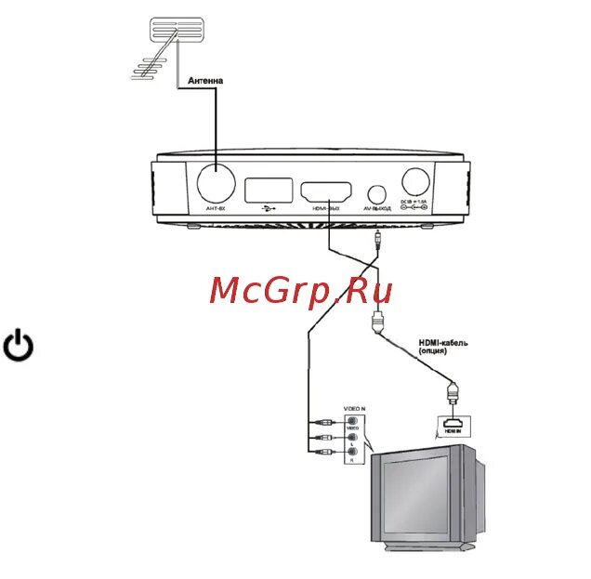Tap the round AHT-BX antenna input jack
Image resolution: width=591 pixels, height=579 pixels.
216,184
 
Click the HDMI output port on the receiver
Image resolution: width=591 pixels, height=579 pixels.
325,193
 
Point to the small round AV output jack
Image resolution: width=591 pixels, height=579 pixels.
376,194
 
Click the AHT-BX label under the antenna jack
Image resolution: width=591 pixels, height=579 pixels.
216,210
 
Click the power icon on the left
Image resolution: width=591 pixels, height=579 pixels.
20,346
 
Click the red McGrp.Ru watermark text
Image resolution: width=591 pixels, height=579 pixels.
301,290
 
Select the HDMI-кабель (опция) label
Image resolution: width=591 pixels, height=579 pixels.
442,348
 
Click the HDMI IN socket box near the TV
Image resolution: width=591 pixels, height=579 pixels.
451,426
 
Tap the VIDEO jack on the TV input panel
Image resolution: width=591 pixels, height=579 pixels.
352,420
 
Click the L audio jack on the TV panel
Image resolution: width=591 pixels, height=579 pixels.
352,437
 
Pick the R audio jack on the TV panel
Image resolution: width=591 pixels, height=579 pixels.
352,454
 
